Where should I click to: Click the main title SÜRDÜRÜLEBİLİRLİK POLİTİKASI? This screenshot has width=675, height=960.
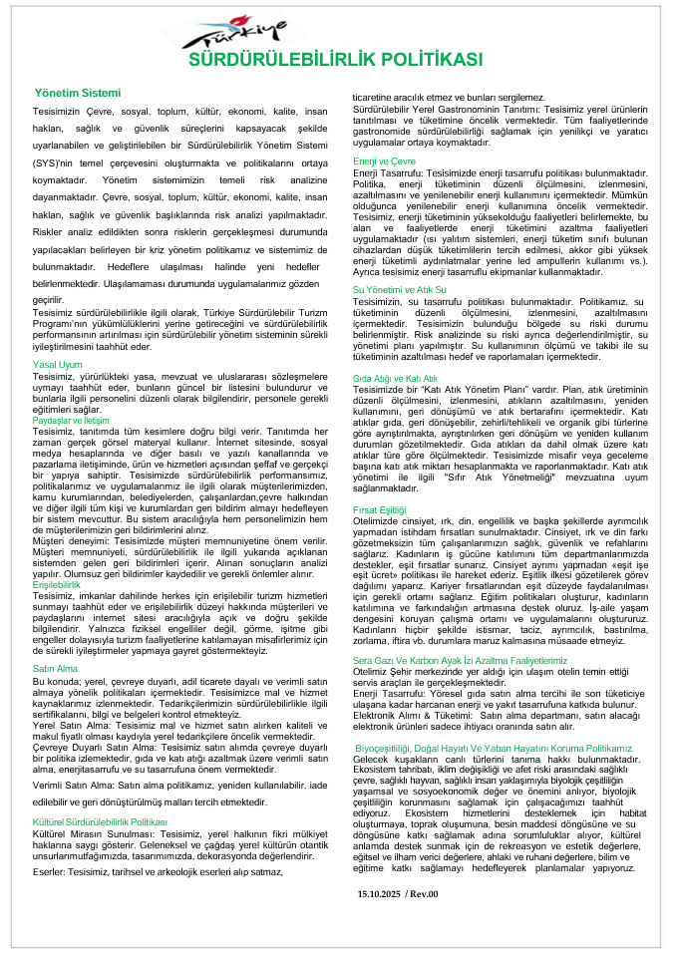[x=336, y=60]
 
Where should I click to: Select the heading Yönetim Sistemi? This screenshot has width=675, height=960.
[x=77, y=93]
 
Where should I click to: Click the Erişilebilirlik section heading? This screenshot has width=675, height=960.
[x=57, y=584]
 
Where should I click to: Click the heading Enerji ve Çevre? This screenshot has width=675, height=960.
[x=384, y=160]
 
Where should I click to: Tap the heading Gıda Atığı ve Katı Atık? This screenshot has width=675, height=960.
[x=396, y=380]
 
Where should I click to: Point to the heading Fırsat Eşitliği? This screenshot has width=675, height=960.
[x=380, y=510]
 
